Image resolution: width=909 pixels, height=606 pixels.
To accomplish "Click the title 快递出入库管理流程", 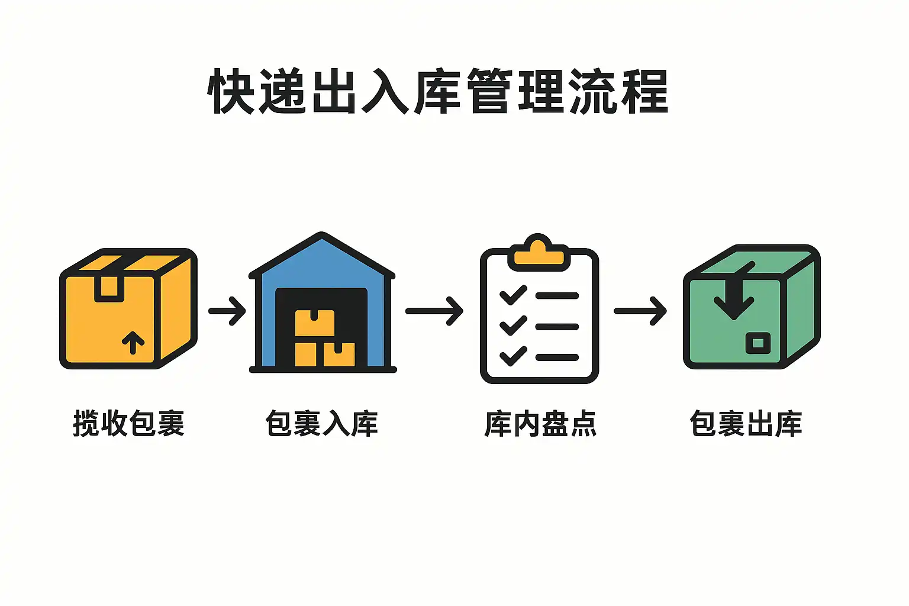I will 438,91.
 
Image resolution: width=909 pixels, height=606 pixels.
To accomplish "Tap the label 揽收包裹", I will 128,423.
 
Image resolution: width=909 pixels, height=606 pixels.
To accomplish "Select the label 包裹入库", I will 321,423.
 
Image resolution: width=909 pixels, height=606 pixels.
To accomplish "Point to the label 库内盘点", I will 540,423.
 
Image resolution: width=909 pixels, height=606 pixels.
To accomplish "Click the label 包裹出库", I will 746,423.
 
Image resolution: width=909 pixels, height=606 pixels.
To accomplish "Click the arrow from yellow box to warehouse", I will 227,311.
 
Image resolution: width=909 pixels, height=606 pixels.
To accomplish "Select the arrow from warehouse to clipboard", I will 434,311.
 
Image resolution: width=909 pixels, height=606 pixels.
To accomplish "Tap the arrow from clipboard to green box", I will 640,311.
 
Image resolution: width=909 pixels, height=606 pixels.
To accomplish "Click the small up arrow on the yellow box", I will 133,341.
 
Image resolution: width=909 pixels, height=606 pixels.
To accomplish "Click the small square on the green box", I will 757,343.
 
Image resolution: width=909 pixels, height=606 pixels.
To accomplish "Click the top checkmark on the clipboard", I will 512,295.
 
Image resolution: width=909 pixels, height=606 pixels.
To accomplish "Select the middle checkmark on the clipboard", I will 512,325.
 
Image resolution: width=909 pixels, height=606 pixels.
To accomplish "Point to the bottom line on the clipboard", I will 557,357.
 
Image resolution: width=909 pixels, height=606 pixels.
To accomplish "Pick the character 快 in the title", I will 231,91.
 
